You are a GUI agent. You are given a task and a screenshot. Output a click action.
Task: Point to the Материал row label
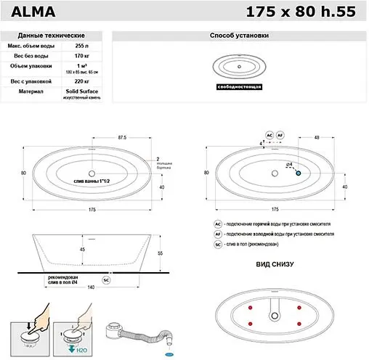pos(33,92)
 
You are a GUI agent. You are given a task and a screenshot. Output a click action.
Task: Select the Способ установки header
pos(239,35)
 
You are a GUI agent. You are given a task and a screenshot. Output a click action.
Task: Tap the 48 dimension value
pos(317,136)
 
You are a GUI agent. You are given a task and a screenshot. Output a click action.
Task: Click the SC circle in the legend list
pos(217,245)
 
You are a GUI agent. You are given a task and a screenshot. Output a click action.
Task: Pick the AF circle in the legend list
pos(217,235)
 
